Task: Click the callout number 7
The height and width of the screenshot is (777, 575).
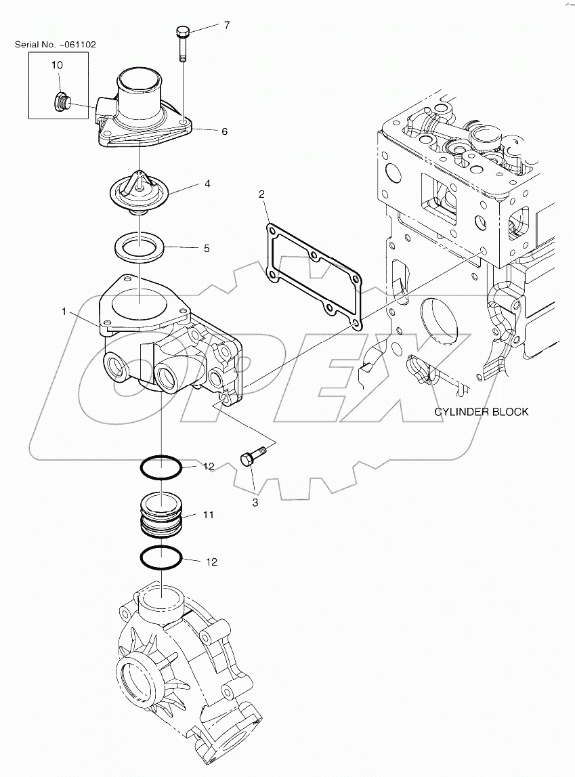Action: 227,26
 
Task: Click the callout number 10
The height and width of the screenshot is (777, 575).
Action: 57,65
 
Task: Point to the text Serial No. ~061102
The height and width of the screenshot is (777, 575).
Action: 56,44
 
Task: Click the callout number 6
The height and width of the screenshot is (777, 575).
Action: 224,131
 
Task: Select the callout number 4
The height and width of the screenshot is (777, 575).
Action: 208,183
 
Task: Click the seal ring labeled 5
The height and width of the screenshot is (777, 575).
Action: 140,245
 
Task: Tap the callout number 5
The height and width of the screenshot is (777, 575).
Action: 207,249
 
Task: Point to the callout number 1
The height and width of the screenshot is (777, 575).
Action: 64,312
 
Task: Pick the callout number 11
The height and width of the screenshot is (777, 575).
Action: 207,515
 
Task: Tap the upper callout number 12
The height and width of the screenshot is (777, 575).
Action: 208,467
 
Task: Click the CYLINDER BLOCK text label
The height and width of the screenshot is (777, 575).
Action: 481,411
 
